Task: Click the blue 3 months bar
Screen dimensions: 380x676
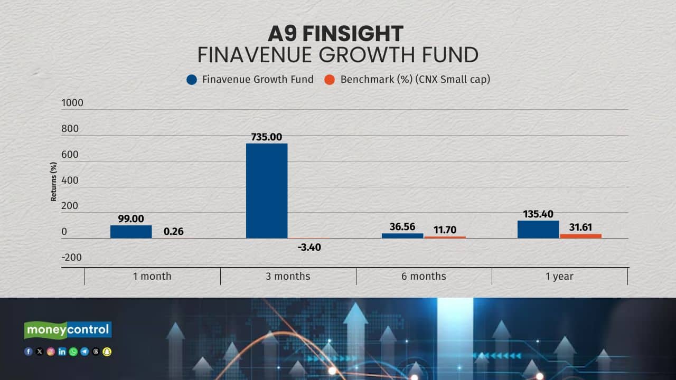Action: pos(267,191)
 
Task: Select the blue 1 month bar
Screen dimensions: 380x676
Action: pos(131,232)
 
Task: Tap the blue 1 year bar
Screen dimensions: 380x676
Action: pos(538,230)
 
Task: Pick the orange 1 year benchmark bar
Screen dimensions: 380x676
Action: pos(580,236)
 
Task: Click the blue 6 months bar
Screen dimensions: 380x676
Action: pos(402,236)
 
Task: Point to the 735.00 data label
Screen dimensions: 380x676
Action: pos(267,137)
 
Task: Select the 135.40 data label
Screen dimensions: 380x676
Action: pos(538,214)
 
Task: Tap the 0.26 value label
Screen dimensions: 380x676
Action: pos(173,231)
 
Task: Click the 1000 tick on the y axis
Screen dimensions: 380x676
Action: pos(72,103)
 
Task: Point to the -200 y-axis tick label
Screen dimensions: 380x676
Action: pos(72,257)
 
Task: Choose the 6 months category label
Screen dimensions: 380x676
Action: pos(424,276)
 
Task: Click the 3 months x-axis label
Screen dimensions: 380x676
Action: pos(288,276)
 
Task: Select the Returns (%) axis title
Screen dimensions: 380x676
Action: pos(53,182)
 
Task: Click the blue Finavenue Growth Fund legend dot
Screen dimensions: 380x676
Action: pos(192,80)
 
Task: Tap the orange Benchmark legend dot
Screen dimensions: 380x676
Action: pos(330,80)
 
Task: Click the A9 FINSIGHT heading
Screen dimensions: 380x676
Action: pos(335,34)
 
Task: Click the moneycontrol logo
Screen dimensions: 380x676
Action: pos(68,330)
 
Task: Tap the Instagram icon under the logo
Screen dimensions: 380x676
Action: pos(51,351)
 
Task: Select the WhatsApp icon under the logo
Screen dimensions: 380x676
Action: pos(73,351)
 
